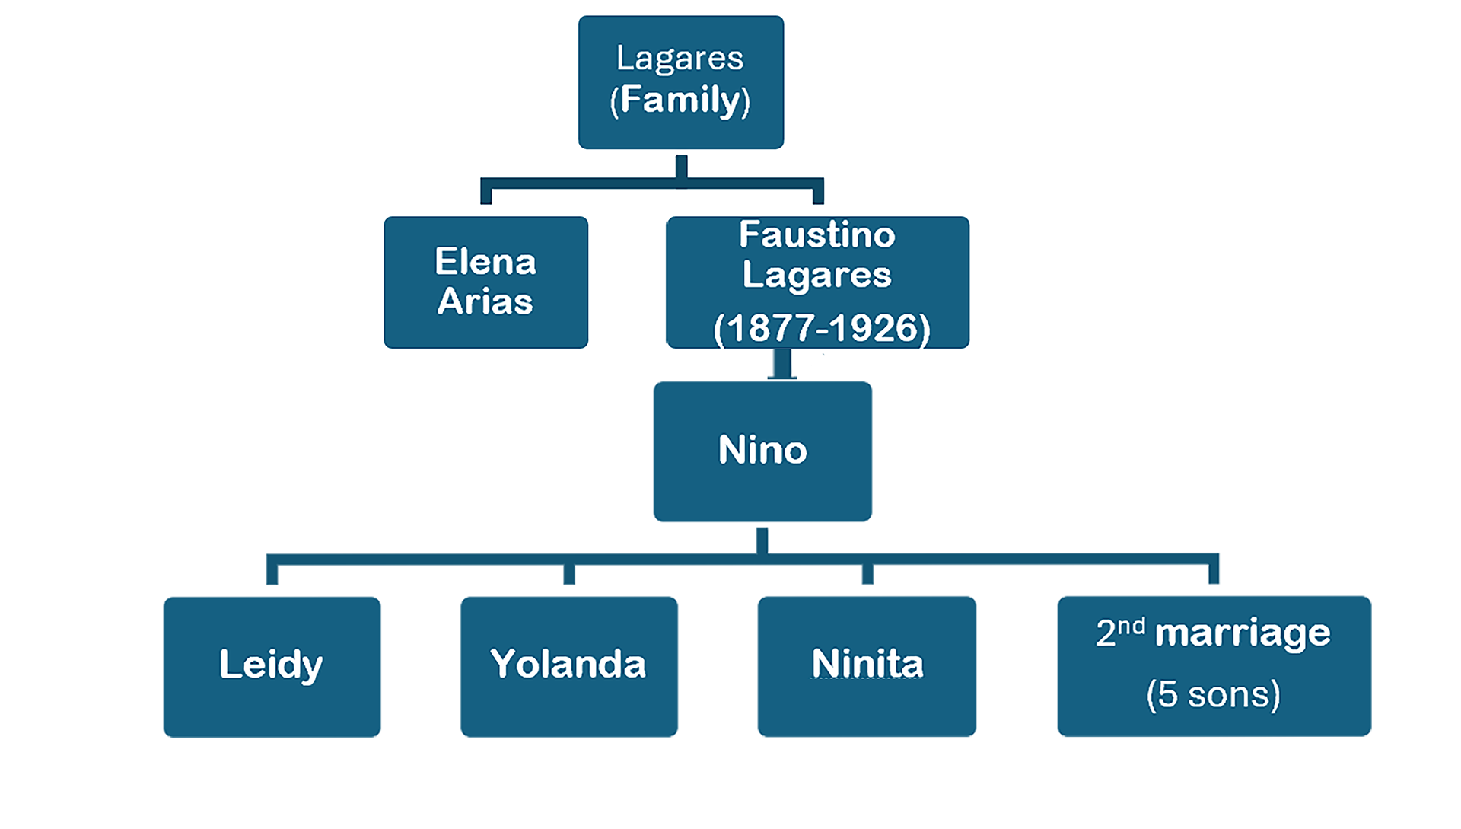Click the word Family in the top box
pyautogui.click(x=680, y=100)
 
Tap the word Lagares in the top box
pyautogui.click(x=680, y=59)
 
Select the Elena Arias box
pyautogui.click(x=485, y=282)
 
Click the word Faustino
pyautogui.click(x=816, y=235)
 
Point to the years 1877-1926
pyautogui.click(x=822, y=329)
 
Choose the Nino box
pyautogui.click(x=762, y=451)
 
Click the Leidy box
pyautogui.click(x=272, y=666)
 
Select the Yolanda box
pyautogui.click(x=568, y=665)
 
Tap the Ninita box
pyautogui.click(x=867, y=665)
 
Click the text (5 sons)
pyautogui.click(x=1213, y=694)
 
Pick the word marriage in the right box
pyautogui.click(x=1242, y=633)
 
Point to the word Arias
pyautogui.click(x=485, y=302)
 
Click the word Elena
pyautogui.click(x=485, y=262)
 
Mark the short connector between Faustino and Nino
pyautogui.click(x=782, y=365)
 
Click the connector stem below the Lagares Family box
pyautogui.click(x=681, y=165)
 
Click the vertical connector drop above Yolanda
pyautogui.click(x=568, y=574)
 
